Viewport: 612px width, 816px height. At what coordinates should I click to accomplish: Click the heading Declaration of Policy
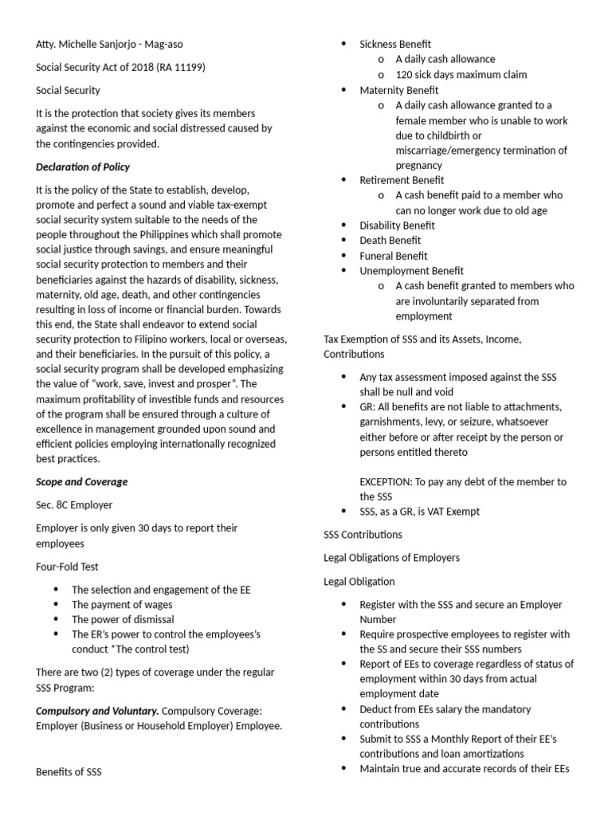click(83, 167)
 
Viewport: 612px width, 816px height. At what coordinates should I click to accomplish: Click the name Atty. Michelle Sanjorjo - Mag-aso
click(114, 44)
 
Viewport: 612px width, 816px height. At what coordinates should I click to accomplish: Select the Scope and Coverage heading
click(81, 481)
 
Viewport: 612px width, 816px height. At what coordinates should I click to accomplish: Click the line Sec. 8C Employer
click(74, 504)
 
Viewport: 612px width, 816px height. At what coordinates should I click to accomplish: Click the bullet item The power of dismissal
click(123, 619)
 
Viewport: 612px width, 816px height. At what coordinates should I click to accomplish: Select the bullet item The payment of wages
click(123, 605)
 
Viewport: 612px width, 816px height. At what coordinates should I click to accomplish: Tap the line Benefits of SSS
click(69, 771)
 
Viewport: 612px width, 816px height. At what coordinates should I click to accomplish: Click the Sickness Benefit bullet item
click(395, 44)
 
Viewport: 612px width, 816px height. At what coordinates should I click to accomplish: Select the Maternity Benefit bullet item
click(399, 90)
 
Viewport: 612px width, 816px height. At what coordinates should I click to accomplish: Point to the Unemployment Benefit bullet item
click(411, 271)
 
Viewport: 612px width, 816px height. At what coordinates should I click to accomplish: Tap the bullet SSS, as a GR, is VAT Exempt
click(419, 512)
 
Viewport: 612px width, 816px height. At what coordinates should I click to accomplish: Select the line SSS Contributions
click(363, 534)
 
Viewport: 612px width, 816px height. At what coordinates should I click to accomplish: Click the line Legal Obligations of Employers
click(391, 557)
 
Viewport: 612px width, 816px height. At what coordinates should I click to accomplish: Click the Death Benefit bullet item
click(390, 241)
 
